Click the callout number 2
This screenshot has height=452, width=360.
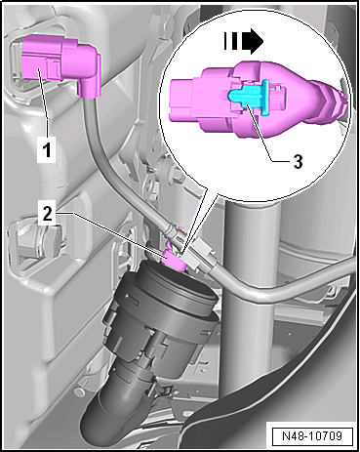pyautogui.click(x=47, y=214)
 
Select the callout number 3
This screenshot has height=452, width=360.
pyautogui.click(x=298, y=161)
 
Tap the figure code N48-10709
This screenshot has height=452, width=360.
pyautogui.click(x=312, y=435)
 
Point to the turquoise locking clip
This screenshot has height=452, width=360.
pyautogui.click(x=249, y=97)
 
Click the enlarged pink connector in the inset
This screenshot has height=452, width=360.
pyautogui.click(x=247, y=98)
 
